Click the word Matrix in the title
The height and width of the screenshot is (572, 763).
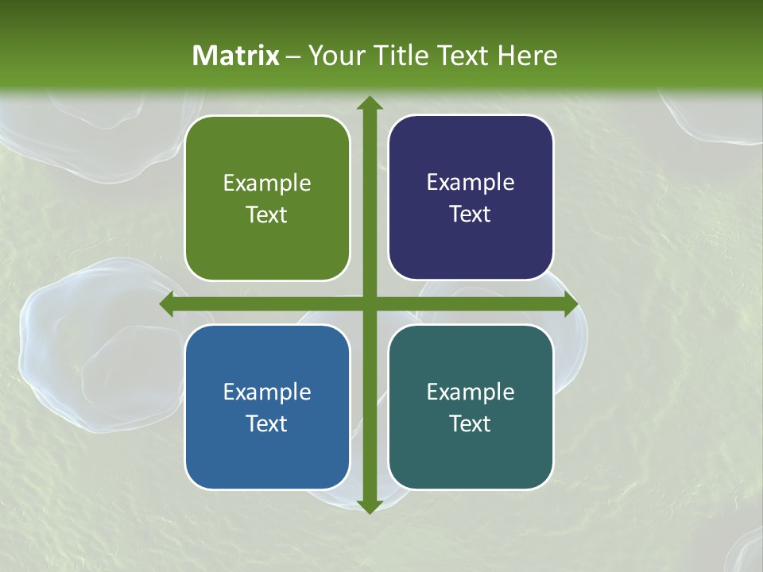[x=236, y=56]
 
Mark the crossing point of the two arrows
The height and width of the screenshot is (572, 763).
[x=369, y=304]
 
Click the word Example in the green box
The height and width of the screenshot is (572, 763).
[x=267, y=184]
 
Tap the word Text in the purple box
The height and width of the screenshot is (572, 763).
[x=471, y=214]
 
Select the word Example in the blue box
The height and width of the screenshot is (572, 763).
[x=267, y=392]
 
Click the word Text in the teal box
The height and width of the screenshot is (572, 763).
[x=471, y=423]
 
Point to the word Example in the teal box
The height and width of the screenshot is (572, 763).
[x=471, y=392]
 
